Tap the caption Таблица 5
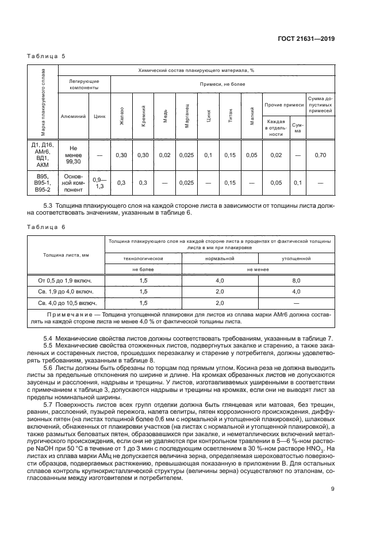45,57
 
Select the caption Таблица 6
45,227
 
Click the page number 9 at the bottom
333,489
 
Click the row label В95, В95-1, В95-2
43,183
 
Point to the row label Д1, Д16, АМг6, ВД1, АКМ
43,155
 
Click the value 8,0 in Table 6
297,280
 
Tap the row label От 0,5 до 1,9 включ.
65,280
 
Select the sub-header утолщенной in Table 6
297,259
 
